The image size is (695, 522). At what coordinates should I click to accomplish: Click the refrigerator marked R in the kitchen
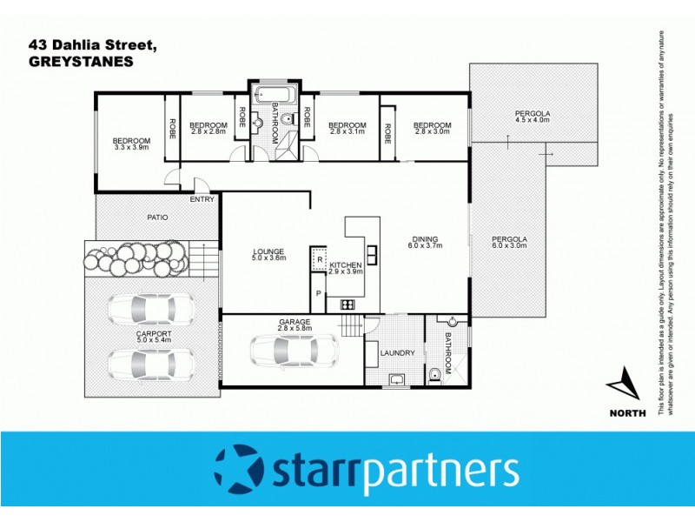pos(319,259)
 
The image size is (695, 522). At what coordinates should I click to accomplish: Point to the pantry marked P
pos(319,294)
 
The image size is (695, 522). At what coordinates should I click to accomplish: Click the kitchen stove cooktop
pos(347,304)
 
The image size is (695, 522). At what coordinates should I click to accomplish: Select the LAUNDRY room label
pos(398,352)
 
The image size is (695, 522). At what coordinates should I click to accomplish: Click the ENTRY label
pos(202,199)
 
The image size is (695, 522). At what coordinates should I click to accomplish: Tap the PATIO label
pos(157,217)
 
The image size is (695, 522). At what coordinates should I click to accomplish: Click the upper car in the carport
pos(151,308)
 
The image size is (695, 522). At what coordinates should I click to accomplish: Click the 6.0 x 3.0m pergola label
pos(509,243)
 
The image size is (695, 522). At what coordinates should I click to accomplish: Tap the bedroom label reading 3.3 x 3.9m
pos(131,144)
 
